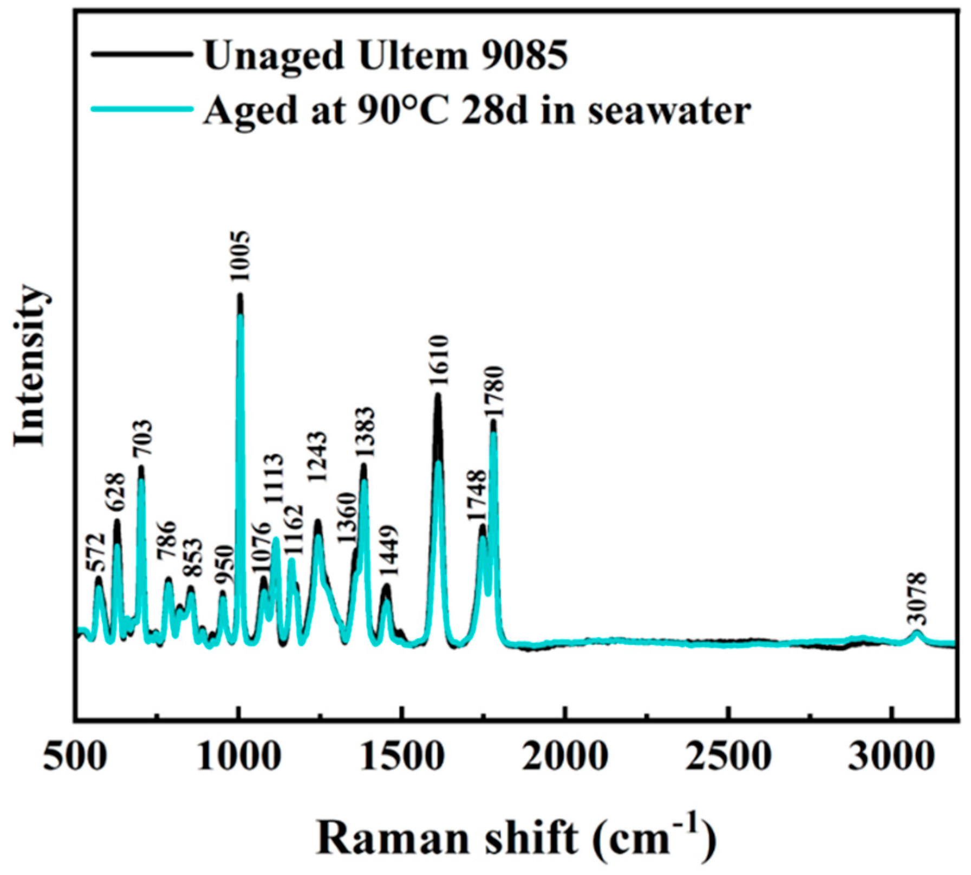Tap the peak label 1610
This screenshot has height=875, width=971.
click(439, 360)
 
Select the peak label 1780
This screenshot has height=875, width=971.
click(494, 391)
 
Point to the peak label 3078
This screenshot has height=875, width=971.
click(917, 598)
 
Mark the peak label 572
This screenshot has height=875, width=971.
click(97, 553)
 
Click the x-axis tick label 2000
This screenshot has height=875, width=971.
click(565, 756)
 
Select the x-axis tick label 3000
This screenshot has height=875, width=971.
click(891, 756)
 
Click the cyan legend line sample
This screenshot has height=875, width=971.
click(142, 109)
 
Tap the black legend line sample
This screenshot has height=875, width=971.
click(142, 54)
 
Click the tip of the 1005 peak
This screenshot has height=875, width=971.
click(240, 296)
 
